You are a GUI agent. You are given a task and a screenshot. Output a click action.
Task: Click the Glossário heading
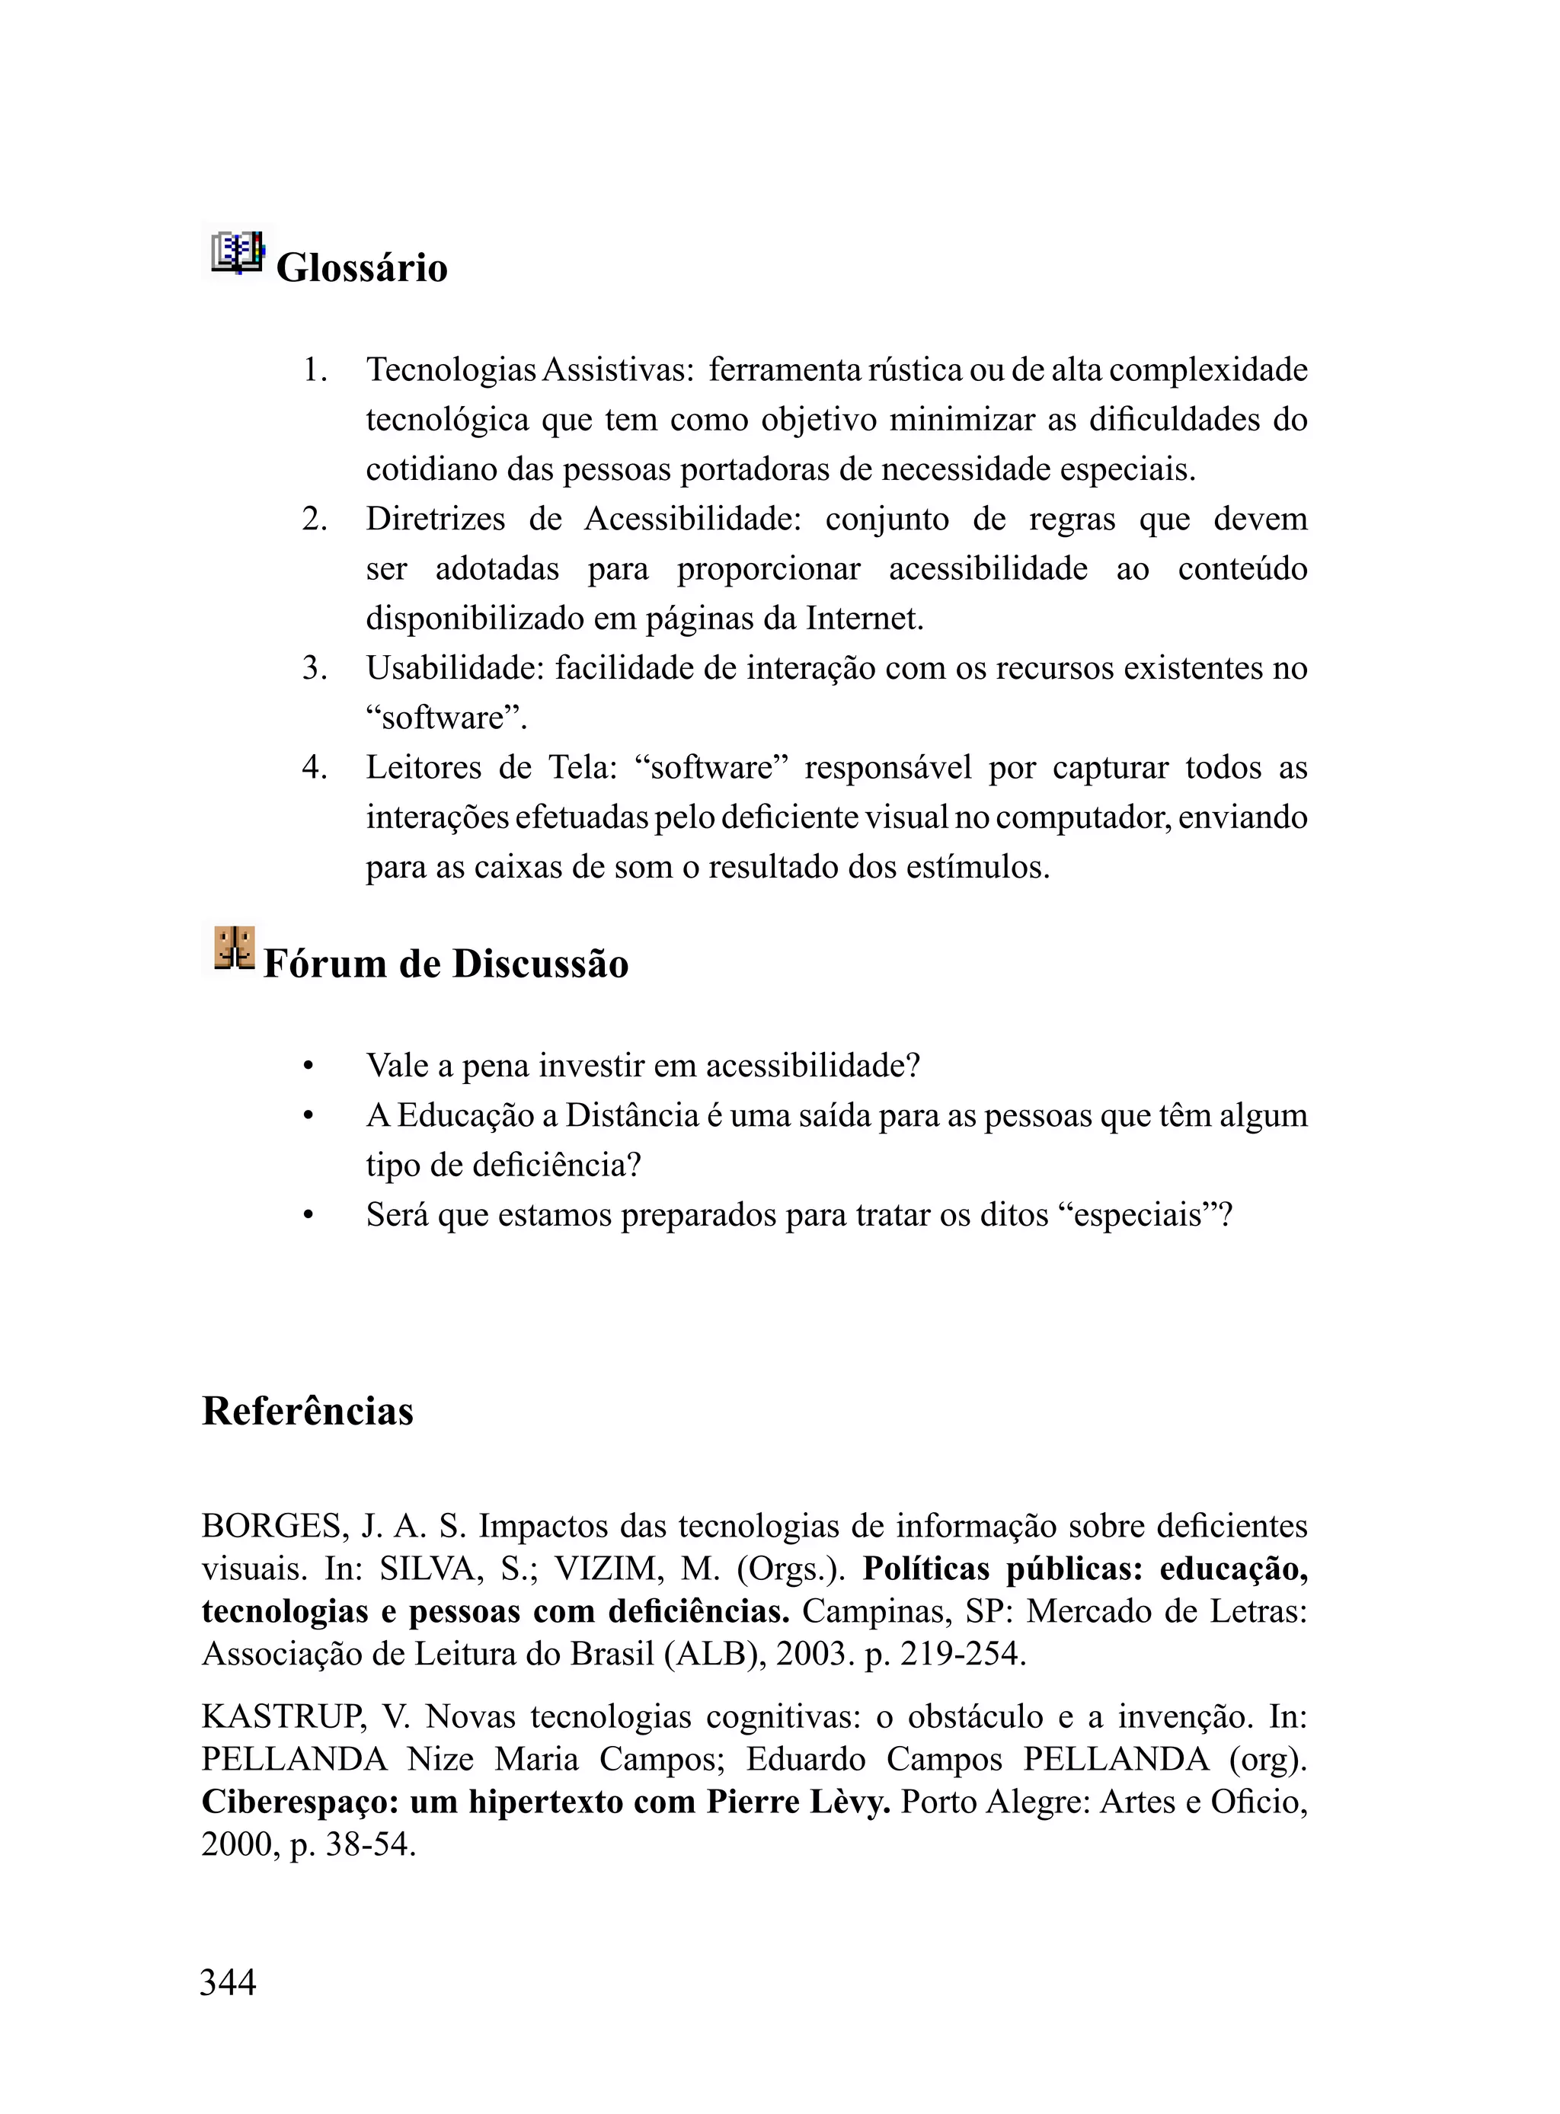(361, 268)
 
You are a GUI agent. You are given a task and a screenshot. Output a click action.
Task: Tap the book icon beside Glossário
(237, 253)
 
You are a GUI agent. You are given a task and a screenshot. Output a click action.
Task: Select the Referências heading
(308, 1412)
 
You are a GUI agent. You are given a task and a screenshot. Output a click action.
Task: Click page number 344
(228, 1981)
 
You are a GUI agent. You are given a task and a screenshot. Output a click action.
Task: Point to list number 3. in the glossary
(315, 668)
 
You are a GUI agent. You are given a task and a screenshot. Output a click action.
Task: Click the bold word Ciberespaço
(299, 1802)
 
